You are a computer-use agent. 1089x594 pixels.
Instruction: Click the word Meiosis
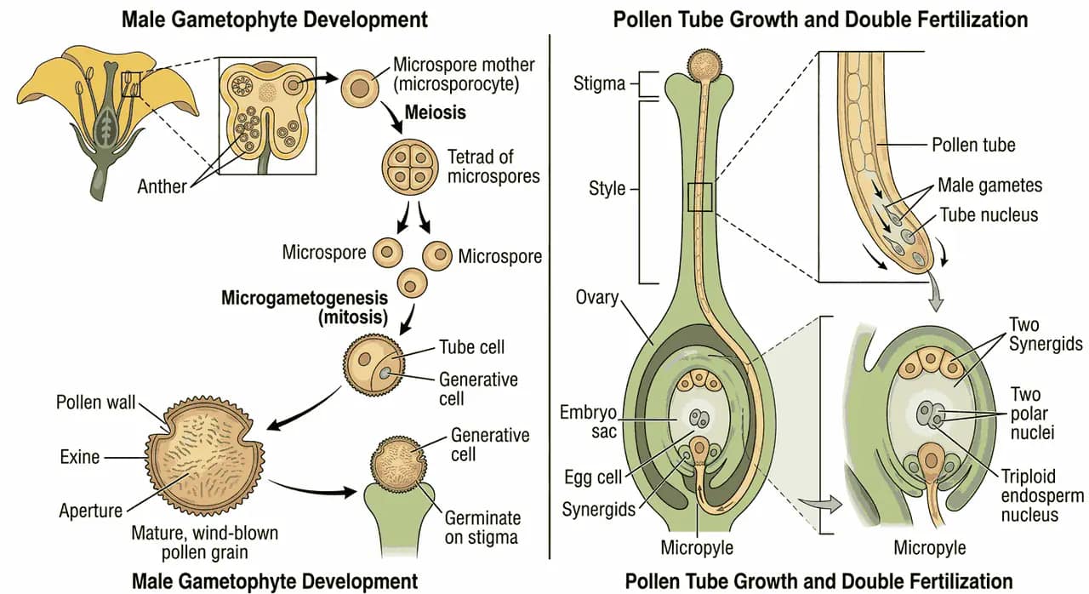(435, 113)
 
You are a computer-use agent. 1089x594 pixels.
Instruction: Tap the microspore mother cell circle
(360, 89)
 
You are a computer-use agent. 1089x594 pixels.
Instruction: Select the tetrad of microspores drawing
(410, 167)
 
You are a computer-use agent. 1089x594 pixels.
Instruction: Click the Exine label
(80, 457)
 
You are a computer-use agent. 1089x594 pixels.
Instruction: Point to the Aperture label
(91, 511)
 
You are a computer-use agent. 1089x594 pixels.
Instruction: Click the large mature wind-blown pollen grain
(205, 455)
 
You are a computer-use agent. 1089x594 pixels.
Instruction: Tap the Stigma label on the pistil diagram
(599, 83)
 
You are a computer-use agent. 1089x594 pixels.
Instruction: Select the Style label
(607, 189)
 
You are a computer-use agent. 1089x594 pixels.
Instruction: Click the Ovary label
(597, 297)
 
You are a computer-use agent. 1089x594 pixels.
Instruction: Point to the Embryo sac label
(588, 421)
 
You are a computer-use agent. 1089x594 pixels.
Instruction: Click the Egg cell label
(593, 477)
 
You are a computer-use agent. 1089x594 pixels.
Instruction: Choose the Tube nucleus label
(989, 214)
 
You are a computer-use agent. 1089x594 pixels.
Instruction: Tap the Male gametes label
(989, 186)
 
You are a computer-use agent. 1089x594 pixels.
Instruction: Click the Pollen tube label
(974, 145)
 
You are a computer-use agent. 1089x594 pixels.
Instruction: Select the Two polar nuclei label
(1032, 414)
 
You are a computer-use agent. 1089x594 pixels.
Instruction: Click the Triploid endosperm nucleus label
(1042, 495)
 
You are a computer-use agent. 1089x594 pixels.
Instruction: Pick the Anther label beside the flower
(162, 186)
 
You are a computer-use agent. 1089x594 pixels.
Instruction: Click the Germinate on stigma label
(482, 528)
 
